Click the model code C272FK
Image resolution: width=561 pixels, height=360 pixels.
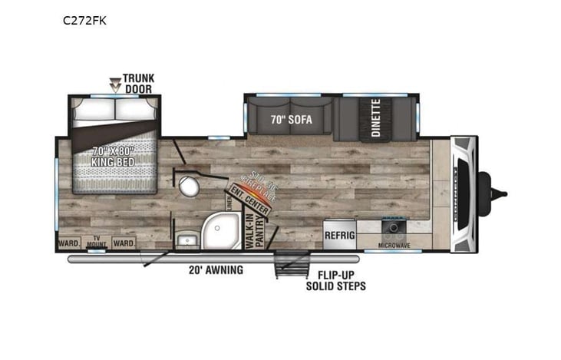[x=84, y=21]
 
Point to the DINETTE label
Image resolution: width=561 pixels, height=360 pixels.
[x=376, y=118]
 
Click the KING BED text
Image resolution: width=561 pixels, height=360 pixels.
[x=113, y=157]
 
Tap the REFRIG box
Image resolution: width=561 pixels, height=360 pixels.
[x=338, y=235]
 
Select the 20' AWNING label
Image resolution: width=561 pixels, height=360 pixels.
[x=216, y=269]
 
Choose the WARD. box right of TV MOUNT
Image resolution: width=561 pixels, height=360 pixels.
[x=124, y=243]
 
